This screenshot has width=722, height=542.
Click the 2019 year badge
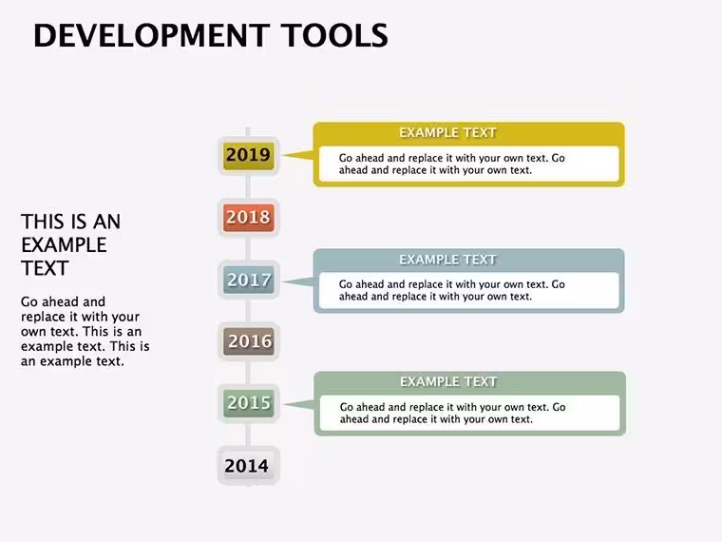click(x=249, y=156)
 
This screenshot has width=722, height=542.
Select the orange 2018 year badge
click(x=249, y=218)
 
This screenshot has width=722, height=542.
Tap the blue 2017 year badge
click(x=249, y=280)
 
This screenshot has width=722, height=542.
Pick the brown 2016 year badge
click(x=249, y=341)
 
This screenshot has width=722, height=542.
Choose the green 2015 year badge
click(x=249, y=403)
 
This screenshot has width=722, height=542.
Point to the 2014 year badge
click(x=249, y=466)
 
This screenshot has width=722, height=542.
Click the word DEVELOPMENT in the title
click(x=151, y=35)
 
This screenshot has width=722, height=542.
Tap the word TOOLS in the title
click(x=334, y=35)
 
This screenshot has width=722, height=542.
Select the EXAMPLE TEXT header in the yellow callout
click(x=447, y=133)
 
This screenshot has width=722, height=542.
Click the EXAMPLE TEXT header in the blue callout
click(x=447, y=260)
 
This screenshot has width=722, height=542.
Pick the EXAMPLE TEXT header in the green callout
click(x=448, y=382)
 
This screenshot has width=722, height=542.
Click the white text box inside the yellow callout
click(x=468, y=165)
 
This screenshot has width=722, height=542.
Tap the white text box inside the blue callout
click(x=468, y=290)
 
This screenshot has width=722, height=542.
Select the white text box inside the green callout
click(x=469, y=413)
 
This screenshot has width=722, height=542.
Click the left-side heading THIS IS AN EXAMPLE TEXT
click(x=71, y=244)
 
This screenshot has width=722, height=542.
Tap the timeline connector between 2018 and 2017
click(x=248, y=249)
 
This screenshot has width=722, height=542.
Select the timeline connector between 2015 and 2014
click(x=248, y=436)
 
